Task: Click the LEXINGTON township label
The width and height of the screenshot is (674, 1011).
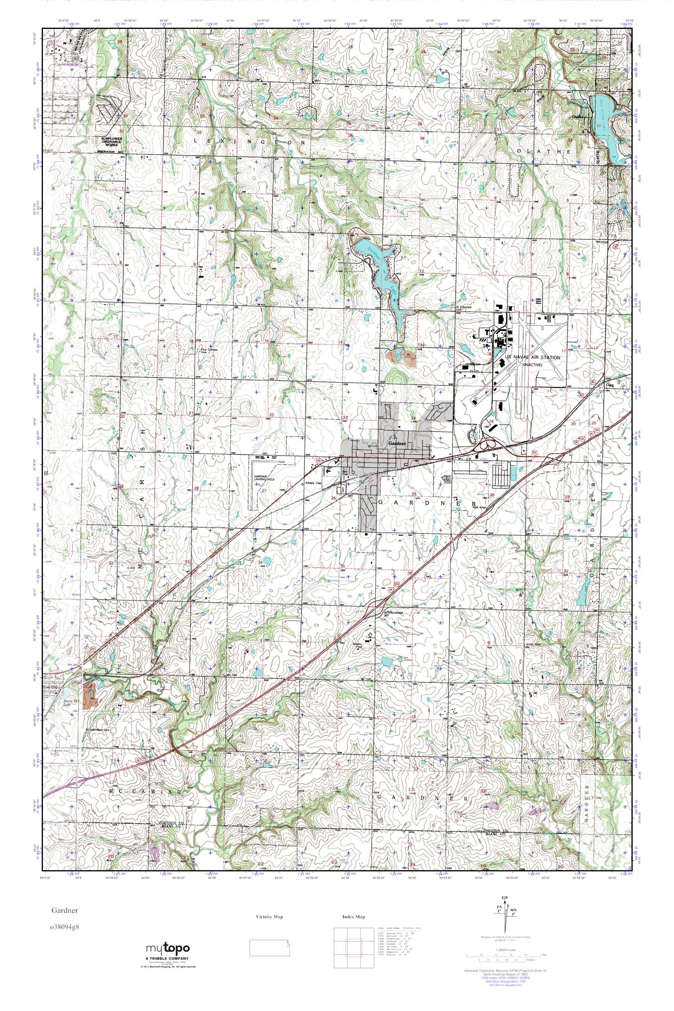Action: (249, 141)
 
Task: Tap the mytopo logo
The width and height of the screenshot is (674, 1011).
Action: (168, 949)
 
